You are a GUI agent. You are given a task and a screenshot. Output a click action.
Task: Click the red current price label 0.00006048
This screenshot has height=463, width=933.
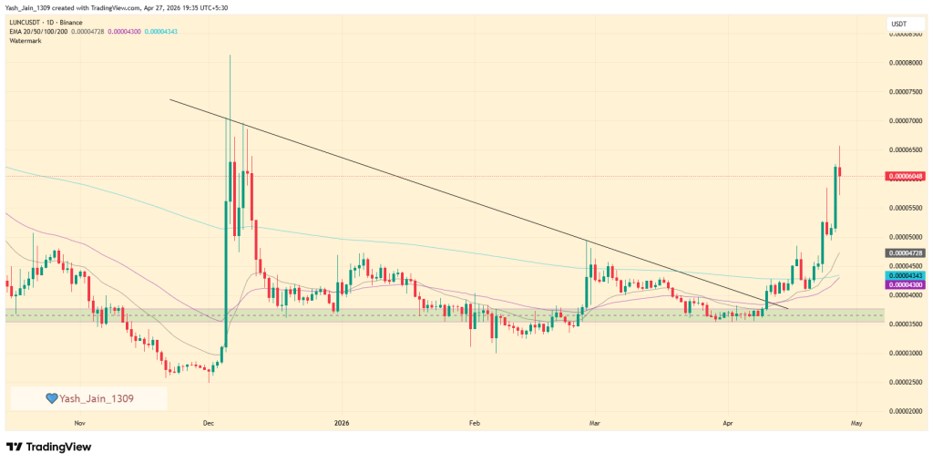pyautogui.click(x=908, y=177)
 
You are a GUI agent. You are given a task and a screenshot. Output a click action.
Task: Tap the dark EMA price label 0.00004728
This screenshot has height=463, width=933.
pyautogui.click(x=908, y=252)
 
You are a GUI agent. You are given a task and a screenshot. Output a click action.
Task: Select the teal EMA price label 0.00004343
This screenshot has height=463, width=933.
pyautogui.click(x=908, y=275)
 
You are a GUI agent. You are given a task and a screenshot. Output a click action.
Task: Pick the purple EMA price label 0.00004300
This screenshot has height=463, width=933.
pyautogui.click(x=908, y=285)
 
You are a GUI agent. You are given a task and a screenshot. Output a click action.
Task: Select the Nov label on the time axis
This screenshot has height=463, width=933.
pyautogui.click(x=79, y=423)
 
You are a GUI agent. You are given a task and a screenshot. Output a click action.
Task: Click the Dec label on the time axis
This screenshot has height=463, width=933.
pyautogui.click(x=208, y=423)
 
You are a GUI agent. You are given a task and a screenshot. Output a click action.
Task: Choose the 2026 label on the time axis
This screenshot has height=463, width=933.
pyautogui.click(x=342, y=423)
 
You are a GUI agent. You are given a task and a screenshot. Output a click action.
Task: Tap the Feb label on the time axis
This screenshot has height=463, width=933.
pyautogui.click(x=473, y=423)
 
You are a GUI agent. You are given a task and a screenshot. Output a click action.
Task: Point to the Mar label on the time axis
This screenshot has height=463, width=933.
pyautogui.click(x=594, y=423)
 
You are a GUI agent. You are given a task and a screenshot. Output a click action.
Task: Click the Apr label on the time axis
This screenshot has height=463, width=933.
pyautogui.click(x=726, y=423)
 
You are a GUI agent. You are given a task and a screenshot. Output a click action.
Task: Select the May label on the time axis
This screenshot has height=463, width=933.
pyautogui.click(x=856, y=423)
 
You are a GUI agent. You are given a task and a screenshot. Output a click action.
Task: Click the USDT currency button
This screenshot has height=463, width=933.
pyautogui.click(x=900, y=24)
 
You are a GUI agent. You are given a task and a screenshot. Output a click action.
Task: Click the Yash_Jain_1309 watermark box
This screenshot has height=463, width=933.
pyautogui.click(x=88, y=398)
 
